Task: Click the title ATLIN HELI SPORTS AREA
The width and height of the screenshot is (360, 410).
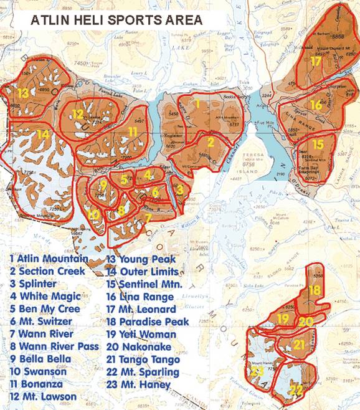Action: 116,20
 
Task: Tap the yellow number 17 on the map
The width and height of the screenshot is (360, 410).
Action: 316,62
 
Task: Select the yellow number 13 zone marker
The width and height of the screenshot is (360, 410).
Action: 23,93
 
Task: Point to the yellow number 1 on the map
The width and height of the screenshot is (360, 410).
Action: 197,104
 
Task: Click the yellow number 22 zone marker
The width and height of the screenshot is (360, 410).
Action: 296,391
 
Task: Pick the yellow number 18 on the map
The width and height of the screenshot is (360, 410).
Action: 315,290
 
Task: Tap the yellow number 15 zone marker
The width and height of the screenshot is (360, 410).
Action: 318,144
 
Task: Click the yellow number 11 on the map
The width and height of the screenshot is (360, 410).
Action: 132,131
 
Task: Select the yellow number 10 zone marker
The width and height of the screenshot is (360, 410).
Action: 93,214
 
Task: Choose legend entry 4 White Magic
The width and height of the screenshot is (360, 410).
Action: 45,296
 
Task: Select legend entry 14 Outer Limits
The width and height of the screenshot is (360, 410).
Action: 143,272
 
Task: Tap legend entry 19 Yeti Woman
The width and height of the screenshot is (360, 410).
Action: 141,335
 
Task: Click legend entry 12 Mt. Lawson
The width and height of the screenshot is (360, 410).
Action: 43,396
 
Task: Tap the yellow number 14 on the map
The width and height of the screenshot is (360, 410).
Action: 42,134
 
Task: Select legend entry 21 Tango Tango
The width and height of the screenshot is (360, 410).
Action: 143,360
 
